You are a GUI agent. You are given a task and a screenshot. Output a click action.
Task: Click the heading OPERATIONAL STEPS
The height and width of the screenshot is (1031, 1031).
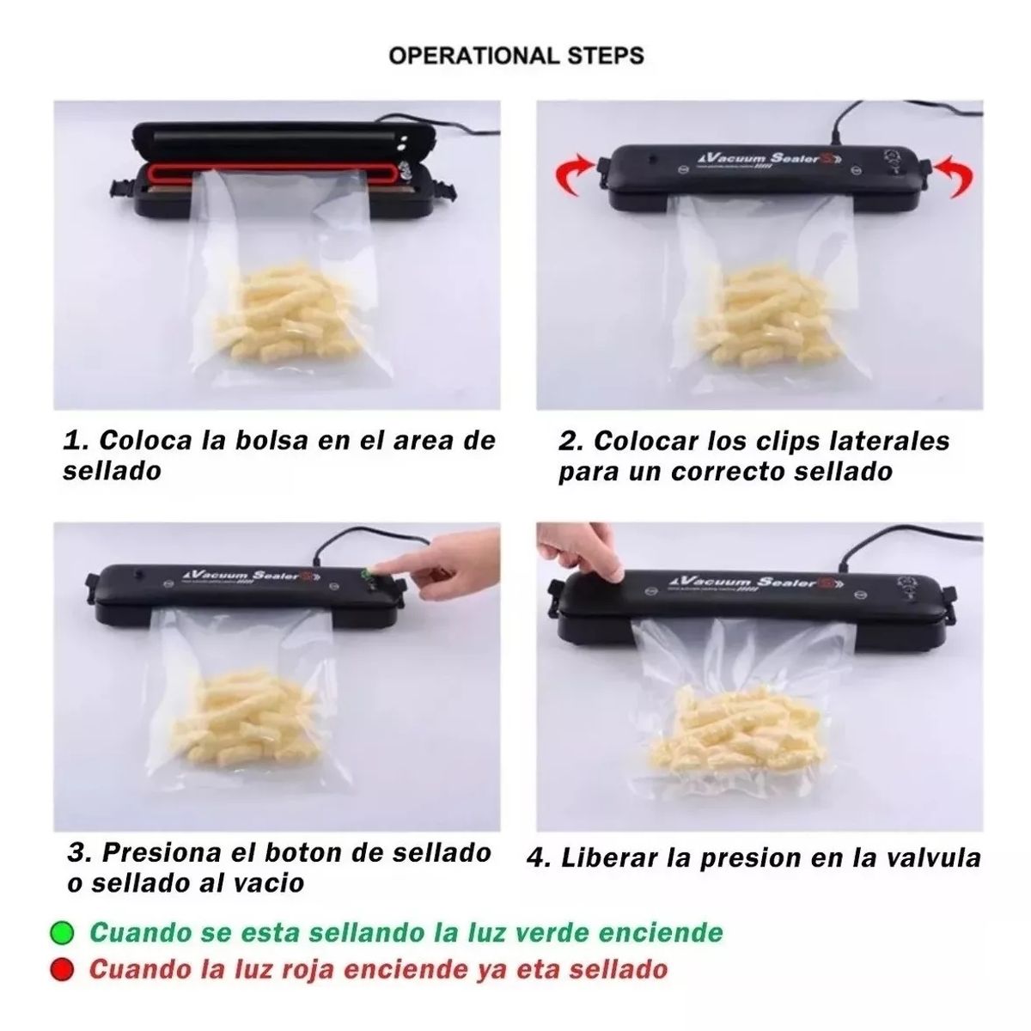point(515,56)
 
